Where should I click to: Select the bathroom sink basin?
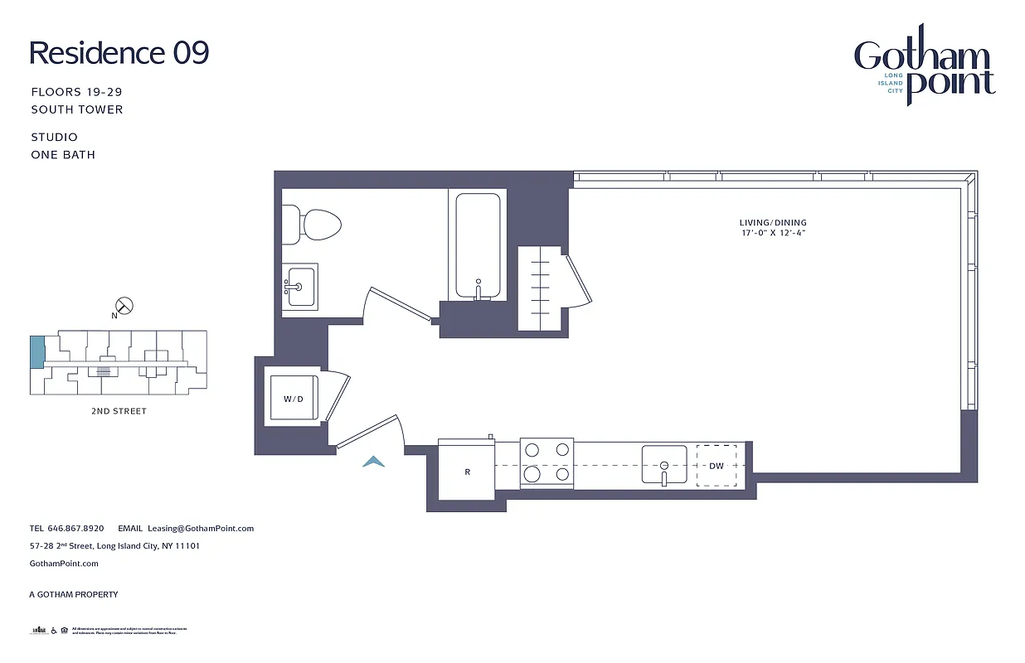click(300, 287)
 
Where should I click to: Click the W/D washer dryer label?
click(293, 399)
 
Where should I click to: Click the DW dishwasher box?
click(716, 466)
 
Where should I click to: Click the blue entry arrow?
click(373, 462)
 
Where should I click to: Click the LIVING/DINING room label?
click(773, 223)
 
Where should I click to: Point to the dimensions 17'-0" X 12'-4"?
click(773, 234)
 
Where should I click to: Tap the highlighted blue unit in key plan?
click(36, 353)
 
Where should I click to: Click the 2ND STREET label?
click(118, 411)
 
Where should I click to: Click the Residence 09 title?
click(119, 53)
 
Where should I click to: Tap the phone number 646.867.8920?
click(75, 528)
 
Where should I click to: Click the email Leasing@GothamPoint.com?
click(200, 528)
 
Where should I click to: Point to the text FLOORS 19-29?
click(76, 92)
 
